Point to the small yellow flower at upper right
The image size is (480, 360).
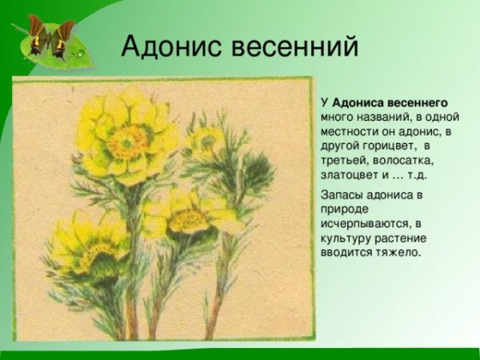(206, 142)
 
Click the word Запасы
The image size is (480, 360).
(343, 194)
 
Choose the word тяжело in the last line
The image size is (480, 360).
(400, 252)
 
